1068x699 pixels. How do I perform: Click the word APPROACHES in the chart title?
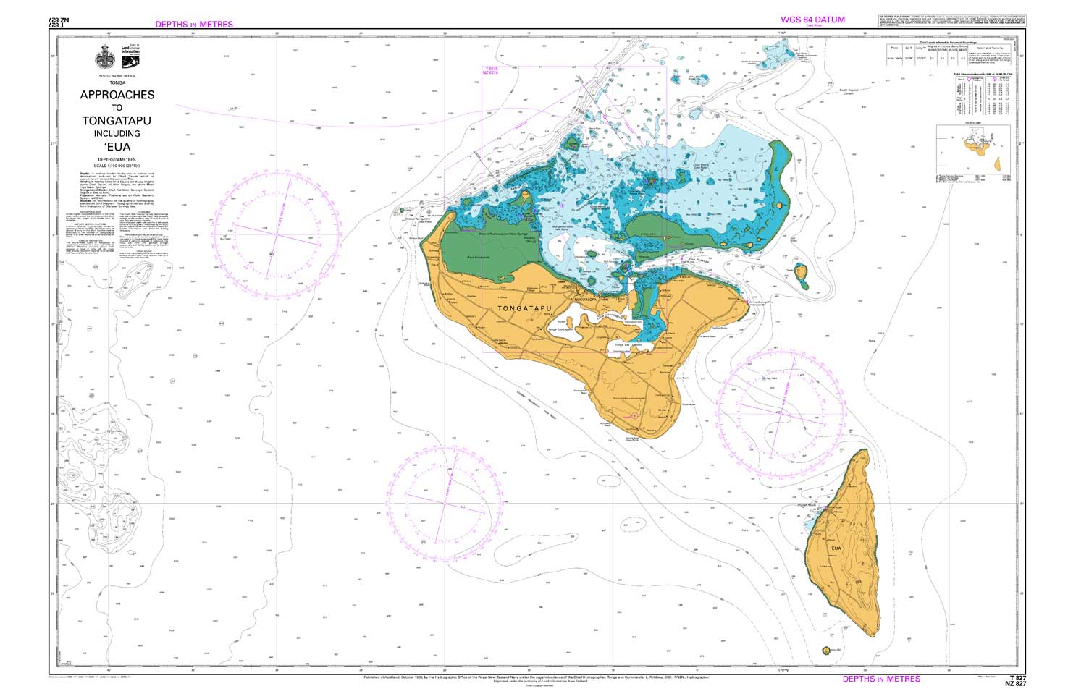coord(117,95)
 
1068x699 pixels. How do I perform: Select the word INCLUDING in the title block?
coord(117,134)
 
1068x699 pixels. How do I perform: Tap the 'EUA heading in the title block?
coord(117,148)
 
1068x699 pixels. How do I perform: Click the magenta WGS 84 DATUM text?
coord(812,20)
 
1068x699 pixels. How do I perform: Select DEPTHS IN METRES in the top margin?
coord(194,25)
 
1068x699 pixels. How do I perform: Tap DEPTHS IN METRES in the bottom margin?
coord(881,679)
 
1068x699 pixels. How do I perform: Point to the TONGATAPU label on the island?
coord(524,309)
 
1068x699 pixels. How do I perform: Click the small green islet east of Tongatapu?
coord(802,275)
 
